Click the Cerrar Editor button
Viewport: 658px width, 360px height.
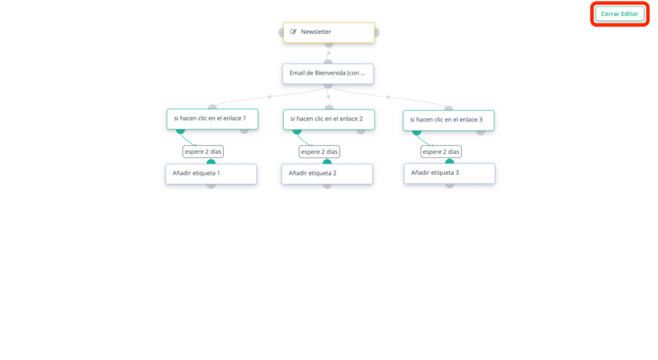619,14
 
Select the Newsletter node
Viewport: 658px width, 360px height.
328,32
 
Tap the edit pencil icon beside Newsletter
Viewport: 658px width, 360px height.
293,32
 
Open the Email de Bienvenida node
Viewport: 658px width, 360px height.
328,73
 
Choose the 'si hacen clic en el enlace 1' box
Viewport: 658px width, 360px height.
212,119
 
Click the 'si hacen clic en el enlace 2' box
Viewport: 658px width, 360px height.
328,119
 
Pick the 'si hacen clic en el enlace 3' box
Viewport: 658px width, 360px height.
449,120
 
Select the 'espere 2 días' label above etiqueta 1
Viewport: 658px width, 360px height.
203,152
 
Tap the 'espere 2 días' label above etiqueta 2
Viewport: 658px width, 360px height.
319,152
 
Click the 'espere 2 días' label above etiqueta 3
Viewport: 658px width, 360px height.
441,152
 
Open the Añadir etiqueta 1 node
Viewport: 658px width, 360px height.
211,174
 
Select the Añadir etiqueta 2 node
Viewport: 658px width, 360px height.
327,174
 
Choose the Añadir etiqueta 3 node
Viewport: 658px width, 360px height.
449,174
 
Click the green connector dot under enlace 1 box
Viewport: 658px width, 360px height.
181,131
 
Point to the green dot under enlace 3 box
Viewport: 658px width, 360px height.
416,132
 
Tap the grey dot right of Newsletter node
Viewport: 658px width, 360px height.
377,32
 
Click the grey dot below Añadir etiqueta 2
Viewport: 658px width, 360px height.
327,186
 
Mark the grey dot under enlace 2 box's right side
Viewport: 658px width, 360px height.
361,131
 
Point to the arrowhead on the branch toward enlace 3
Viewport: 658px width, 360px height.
388,97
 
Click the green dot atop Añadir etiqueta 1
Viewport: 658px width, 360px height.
211,161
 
